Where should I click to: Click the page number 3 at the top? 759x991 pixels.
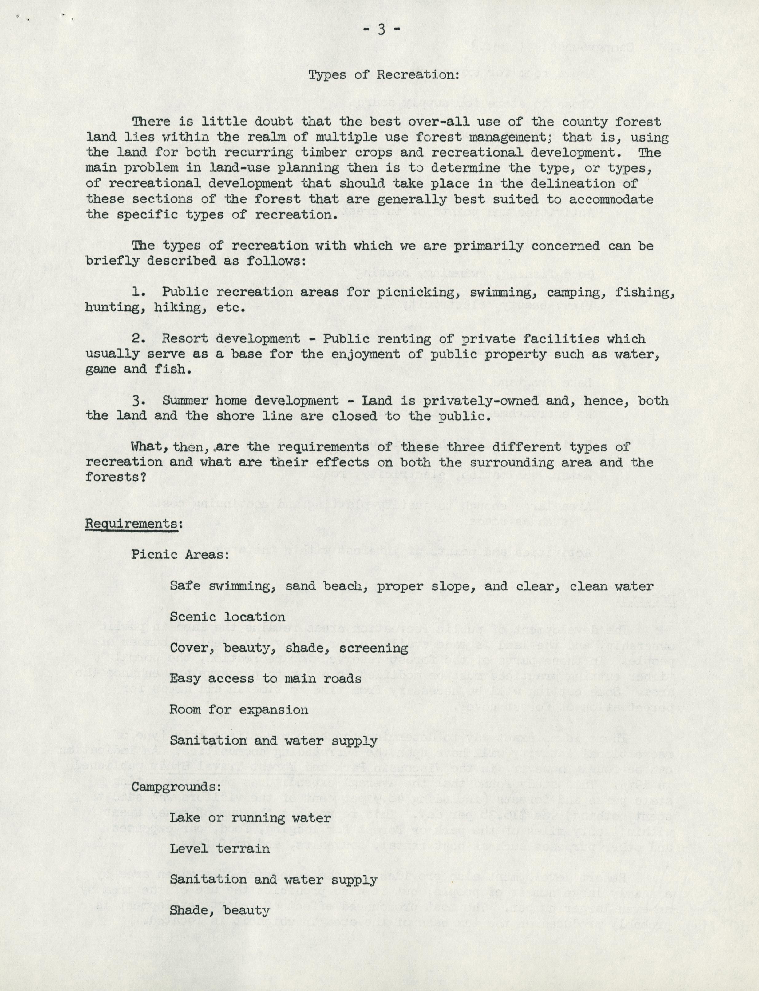click(x=381, y=30)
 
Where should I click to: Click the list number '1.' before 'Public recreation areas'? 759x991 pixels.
click(x=139, y=292)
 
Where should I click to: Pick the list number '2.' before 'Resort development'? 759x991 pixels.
click(x=139, y=339)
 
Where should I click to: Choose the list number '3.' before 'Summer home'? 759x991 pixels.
click(x=139, y=401)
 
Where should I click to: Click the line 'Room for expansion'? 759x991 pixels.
click(x=239, y=709)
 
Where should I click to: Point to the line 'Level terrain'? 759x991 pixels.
click(x=219, y=848)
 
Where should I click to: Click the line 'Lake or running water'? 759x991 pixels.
click(x=250, y=817)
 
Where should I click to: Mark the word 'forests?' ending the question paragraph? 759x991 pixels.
click(x=116, y=478)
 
